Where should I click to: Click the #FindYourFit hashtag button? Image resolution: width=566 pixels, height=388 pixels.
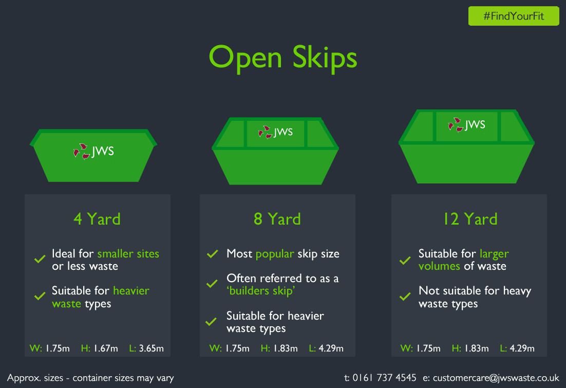pos(513,16)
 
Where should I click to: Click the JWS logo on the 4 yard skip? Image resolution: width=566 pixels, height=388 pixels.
pos(93,152)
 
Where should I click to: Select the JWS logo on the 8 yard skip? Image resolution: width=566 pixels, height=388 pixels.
pos(275,132)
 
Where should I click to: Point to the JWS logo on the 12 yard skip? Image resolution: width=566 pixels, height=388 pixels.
pos(467,125)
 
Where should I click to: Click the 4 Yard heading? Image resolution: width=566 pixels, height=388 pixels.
pos(97,219)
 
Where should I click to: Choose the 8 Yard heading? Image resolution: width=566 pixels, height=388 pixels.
pos(277,219)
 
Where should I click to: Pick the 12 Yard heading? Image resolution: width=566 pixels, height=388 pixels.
pos(470,219)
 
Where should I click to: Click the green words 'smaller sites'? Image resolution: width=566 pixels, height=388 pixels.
pos(128,253)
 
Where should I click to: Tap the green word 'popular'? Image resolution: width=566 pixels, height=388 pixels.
pos(275,254)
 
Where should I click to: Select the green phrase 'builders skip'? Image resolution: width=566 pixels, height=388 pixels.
pos(261,291)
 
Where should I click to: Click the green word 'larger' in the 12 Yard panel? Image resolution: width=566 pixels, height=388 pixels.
pos(494,254)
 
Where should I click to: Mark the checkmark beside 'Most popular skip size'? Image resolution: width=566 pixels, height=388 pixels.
pos(213,253)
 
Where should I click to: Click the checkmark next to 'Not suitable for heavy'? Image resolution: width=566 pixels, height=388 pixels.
pos(405,297)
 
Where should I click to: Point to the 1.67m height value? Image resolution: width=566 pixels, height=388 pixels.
pos(106,348)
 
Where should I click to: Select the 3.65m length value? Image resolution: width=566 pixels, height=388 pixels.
pos(151,348)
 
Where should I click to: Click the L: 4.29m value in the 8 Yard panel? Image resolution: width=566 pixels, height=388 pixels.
pos(326,348)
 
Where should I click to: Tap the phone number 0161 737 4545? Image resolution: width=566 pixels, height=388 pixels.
pos(384,378)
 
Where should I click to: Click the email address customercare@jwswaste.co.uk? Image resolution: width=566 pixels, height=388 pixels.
pos(496,378)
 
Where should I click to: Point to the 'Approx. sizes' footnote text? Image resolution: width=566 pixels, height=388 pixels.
pos(90,378)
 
